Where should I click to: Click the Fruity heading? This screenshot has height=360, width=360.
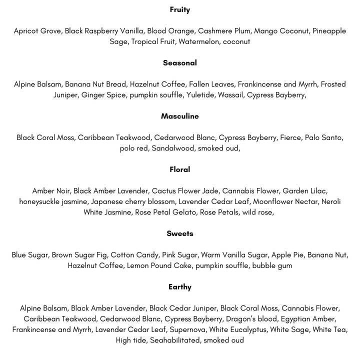(x=179, y=9)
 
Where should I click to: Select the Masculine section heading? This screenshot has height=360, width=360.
(x=179, y=116)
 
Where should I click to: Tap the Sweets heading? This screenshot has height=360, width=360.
(x=179, y=233)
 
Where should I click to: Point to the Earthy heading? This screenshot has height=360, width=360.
(x=179, y=287)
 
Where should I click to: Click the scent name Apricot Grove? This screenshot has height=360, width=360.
(x=37, y=31)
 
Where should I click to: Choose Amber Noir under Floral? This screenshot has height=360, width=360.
(x=50, y=191)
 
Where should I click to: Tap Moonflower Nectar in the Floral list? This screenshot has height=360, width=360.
(x=285, y=201)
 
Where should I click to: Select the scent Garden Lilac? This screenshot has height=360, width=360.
(x=305, y=191)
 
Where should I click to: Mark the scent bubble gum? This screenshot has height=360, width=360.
(x=272, y=265)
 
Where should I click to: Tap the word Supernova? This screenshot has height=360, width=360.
(x=188, y=329)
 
